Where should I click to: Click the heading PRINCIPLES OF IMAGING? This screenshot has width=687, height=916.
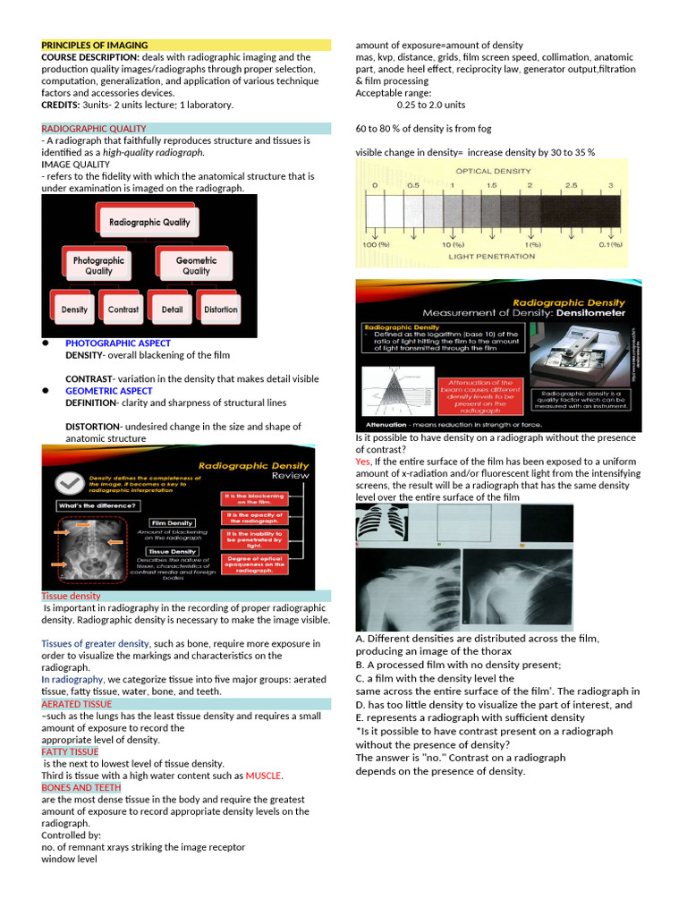click(95, 45)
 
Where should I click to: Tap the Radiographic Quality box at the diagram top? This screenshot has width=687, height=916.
click(149, 222)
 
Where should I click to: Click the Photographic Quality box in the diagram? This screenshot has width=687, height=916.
click(98, 265)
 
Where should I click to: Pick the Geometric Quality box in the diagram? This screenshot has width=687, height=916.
click(196, 265)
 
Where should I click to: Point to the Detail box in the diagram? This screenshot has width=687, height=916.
click(173, 310)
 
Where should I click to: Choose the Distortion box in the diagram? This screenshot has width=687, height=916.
click(220, 310)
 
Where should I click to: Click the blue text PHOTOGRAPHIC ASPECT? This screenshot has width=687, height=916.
click(117, 343)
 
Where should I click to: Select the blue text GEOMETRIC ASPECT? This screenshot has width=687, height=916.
click(108, 391)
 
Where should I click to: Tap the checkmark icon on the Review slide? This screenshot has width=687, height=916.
click(69, 482)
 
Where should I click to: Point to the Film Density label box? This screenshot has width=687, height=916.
click(172, 522)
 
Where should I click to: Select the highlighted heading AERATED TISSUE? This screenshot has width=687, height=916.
click(77, 704)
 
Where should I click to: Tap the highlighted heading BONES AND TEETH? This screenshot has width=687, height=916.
click(81, 787)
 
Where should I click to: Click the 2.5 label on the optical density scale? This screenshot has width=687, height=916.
click(570, 185)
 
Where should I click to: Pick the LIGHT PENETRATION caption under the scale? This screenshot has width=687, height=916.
click(491, 257)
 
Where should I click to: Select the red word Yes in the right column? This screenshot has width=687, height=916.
click(363, 462)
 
